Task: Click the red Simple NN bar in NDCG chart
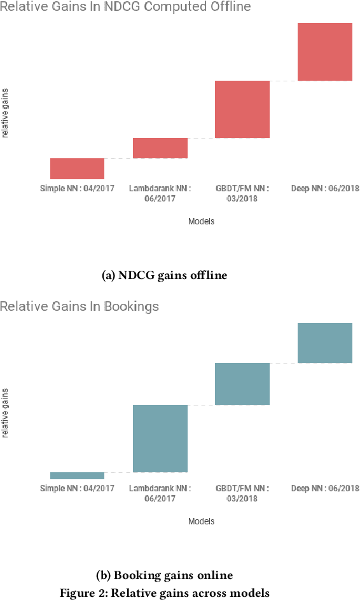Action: (x=77, y=168)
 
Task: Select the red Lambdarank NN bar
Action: (x=160, y=148)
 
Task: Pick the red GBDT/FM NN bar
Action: (x=242, y=109)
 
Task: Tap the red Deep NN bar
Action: (x=325, y=51)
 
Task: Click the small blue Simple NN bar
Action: (x=77, y=475)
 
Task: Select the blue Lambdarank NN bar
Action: (x=160, y=439)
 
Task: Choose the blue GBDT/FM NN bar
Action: (x=242, y=384)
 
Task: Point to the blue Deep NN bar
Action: (x=325, y=343)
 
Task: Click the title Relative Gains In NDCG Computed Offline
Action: (x=125, y=7)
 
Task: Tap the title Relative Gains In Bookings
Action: (x=80, y=306)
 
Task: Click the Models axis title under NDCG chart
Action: (x=201, y=222)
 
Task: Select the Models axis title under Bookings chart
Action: (x=201, y=521)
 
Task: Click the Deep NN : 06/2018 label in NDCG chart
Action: (x=325, y=189)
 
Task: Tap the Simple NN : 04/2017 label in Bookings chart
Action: (x=77, y=488)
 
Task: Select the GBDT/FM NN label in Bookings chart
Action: (x=242, y=493)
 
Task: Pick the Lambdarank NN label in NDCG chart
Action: (x=160, y=193)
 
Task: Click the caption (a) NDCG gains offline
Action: (x=164, y=275)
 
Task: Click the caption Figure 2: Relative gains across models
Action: (x=164, y=593)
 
